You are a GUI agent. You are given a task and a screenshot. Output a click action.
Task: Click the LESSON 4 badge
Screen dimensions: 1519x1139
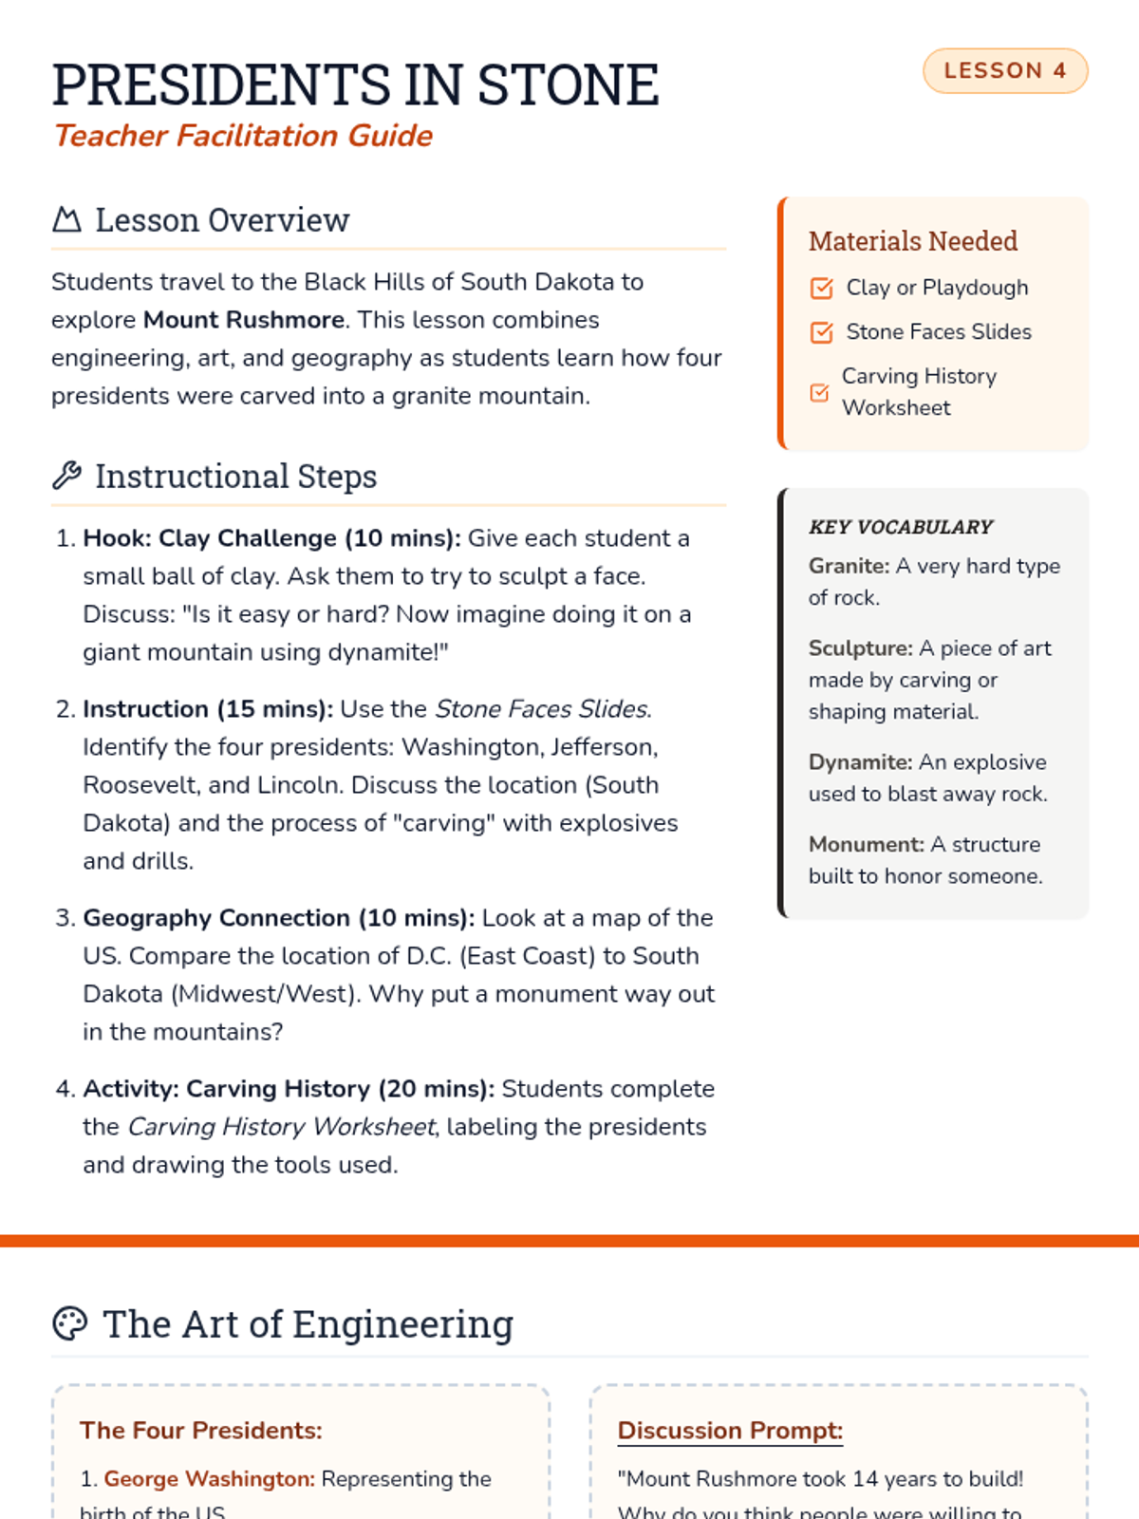(x=1005, y=71)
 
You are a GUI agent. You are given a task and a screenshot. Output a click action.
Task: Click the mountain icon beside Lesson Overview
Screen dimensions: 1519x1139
(x=66, y=220)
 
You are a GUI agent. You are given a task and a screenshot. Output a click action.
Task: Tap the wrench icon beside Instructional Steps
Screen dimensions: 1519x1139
(x=66, y=476)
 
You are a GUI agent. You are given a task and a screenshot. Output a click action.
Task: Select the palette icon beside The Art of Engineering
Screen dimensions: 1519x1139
(x=69, y=1323)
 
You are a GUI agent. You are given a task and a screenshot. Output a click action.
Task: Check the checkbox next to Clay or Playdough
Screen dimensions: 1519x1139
(x=822, y=288)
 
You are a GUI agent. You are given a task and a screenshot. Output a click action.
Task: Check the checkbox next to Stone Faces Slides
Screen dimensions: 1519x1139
(x=822, y=332)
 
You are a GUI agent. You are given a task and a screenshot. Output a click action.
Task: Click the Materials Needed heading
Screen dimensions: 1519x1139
(x=913, y=241)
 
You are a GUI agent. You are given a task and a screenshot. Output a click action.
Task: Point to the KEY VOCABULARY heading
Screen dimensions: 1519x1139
(x=901, y=527)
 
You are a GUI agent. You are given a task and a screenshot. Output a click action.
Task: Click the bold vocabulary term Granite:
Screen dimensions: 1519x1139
(x=849, y=566)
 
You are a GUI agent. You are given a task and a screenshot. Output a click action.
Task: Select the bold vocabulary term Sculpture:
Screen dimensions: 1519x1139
(x=860, y=648)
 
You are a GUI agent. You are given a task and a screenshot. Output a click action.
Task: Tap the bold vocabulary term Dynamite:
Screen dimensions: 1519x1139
(x=860, y=762)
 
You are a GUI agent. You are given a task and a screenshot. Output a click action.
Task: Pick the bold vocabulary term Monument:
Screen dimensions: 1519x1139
(x=866, y=845)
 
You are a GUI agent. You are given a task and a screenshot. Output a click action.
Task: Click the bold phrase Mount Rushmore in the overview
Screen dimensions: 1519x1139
(x=243, y=320)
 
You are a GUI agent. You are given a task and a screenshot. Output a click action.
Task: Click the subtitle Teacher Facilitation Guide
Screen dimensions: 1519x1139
(x=243, y=136)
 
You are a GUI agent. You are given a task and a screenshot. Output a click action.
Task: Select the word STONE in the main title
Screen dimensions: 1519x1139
(x=568, y=85)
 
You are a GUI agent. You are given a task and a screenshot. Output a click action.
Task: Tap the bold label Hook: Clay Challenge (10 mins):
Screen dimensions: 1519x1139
(x=271, y=538)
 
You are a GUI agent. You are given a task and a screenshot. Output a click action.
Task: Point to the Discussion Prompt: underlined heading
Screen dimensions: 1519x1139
(x=730, y=1431)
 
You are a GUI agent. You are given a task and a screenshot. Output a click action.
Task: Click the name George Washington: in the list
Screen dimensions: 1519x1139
(x=209, y=1479)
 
